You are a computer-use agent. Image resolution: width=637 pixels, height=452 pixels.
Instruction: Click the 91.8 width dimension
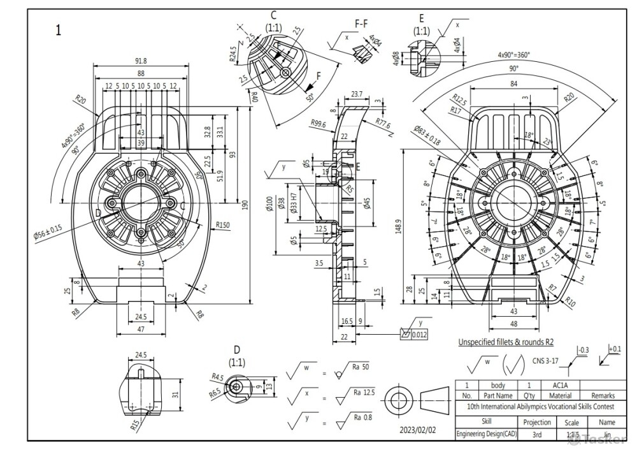pyautogui.click(x=141, y=61)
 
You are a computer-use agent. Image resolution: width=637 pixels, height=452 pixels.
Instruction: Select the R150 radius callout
pyautogui.click(x=222, y=224)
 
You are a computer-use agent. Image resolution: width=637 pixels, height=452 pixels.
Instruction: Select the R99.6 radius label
pyautogui.click(x=318, y=124)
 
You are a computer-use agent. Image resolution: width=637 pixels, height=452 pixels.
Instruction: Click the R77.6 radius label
pyautogui.click(x=383, y=124)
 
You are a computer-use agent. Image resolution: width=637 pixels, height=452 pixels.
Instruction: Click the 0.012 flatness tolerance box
pyautogui.click(x=418, y=334)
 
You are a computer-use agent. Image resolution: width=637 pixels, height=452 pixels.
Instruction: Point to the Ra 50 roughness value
pyautogui.click(x=361, y=367)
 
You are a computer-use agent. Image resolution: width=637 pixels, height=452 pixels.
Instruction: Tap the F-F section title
pyautogui.click(x=361, y=24)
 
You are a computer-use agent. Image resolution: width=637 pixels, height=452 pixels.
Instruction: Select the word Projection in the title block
pyautogui.click(x=536, y=422)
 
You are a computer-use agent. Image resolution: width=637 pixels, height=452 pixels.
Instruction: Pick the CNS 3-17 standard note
pyautogui.click(x=546, y=360)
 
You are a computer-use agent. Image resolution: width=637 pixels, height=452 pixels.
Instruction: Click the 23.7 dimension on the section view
pyautogui.click(x=357, y=94)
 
